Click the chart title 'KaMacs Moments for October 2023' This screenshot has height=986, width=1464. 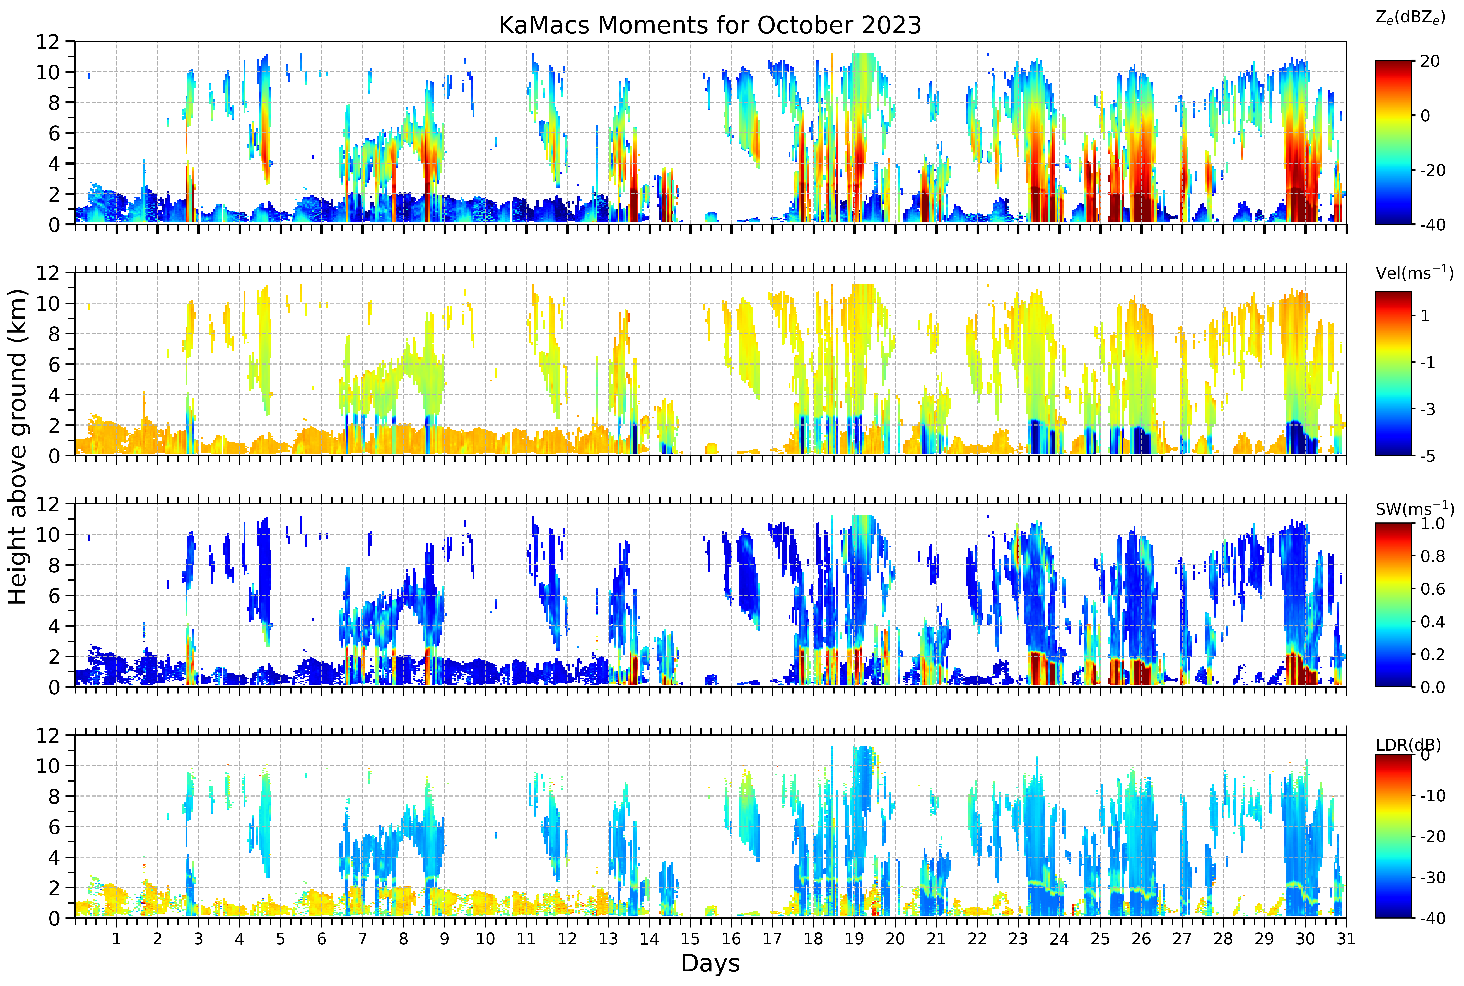pos(710,25)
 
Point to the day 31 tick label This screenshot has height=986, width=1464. pos(1346,939)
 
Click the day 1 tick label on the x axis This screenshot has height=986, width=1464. pos(116,939)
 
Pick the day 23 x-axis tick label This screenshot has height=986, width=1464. pos(1018,939)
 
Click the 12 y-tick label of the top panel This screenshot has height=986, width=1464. pos(47,42)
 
